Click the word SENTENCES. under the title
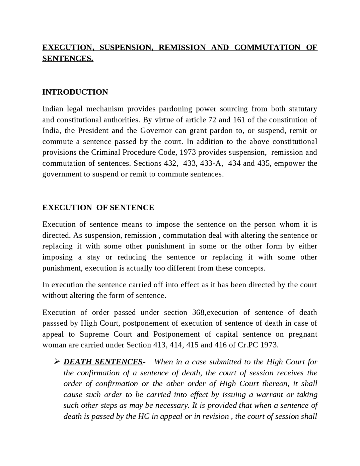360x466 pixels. pos(68,58)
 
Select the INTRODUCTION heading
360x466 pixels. pos(75,92)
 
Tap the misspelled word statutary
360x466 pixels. pos(303,109)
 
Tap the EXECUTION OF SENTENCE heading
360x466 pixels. pos(98,208)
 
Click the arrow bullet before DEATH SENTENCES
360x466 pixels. pos(56,362)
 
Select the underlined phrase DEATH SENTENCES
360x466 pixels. pos(103,362)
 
